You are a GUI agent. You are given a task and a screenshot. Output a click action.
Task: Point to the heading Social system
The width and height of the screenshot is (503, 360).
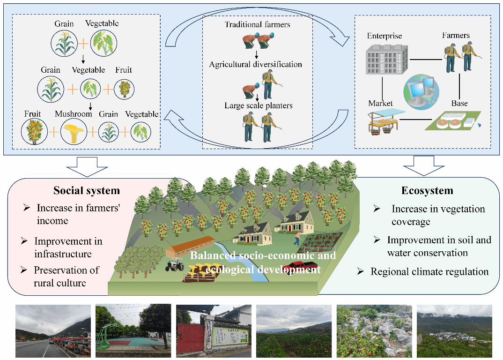point(87,190)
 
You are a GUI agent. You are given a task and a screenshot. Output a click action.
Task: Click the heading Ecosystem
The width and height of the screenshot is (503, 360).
point(427,190)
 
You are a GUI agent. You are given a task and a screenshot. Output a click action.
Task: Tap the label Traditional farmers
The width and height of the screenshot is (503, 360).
point(257,24)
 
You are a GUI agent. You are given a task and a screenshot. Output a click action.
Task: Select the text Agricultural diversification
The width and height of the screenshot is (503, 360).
point(256,64)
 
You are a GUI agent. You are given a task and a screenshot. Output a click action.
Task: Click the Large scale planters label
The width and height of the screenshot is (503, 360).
point(258,105)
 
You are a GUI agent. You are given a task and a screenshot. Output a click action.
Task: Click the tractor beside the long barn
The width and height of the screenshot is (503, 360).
point(175,266)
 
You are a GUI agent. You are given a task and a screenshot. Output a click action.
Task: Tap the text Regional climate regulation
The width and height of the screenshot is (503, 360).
point(429,272)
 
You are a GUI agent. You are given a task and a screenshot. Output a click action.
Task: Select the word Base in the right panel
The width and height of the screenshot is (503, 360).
point(459,103)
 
